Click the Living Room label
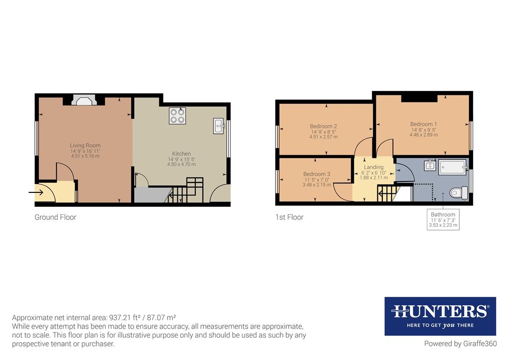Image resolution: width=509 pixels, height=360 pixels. point(85,146)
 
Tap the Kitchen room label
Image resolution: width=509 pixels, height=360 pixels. point(181,154)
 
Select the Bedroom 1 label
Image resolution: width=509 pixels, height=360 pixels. point(424,124)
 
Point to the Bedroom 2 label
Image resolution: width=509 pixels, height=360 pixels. point(324,126)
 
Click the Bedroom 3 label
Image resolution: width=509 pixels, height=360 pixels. point(317,174)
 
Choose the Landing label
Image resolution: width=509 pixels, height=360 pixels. point(374,167)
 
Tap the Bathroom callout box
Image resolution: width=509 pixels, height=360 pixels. point(443,219)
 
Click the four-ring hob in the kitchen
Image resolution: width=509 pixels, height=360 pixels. point(177,116)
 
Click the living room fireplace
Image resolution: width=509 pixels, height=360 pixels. point(84,100)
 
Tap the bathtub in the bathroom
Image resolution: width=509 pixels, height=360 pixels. point(453,167)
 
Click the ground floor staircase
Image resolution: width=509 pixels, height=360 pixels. point(186,191)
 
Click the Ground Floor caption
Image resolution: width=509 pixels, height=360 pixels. point(55,217)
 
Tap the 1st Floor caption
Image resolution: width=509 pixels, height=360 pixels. point(289,217)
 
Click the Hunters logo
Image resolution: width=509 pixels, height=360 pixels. point(440,316)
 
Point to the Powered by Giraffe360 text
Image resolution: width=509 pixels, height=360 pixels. point(460,344)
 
